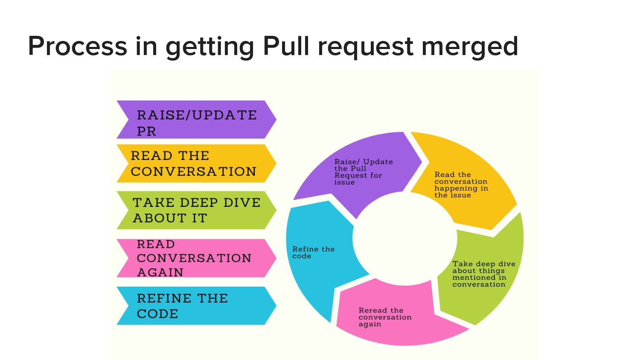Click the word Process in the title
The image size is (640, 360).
pyautogui.click(x=77, y=46)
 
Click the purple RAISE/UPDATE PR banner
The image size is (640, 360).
pyautogui.click(x=196, y=120)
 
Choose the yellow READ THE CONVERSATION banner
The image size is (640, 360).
pyautogui.click(x=196, y=163)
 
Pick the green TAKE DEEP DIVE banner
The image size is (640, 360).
pyautogui.click(x=196, y=210)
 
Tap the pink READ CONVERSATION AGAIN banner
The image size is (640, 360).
pyautogui.click(x=196, y=258)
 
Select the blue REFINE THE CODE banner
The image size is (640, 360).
pyautogui.click(x=196, y=306)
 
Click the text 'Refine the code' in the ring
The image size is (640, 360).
pyautogui.click(x=313, y=253)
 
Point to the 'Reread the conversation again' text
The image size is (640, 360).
pyautogui.click(x=384, y=317)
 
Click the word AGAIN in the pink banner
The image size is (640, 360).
pyautogui.click(x=160, y=272)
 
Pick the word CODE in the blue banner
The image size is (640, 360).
pyautogui.click(x=157, y=314)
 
